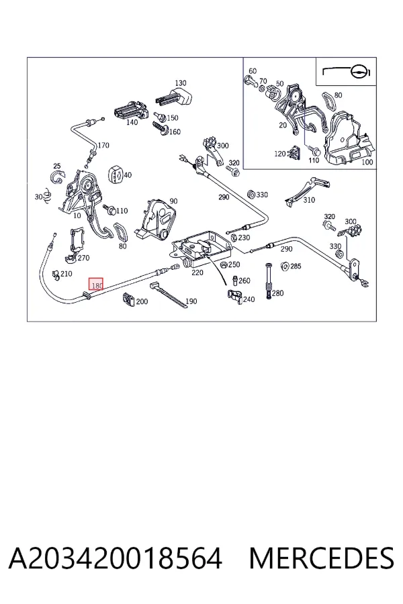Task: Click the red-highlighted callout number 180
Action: (97, 285)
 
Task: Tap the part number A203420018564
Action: (116, 558)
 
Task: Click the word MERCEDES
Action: (322, 558)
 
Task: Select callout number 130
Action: (181, 83)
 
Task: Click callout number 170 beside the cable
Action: (103, 145)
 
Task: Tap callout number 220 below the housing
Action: (197, 272)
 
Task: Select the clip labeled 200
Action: (128, 299)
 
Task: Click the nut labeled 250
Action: (223, 264)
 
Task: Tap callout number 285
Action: (296, 266)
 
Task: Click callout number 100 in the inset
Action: (367, 162)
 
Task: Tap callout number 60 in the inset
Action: (253, 71)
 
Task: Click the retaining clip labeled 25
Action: (58, 178)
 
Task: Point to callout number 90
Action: (173, 201)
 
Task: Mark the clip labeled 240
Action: (234, 296)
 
